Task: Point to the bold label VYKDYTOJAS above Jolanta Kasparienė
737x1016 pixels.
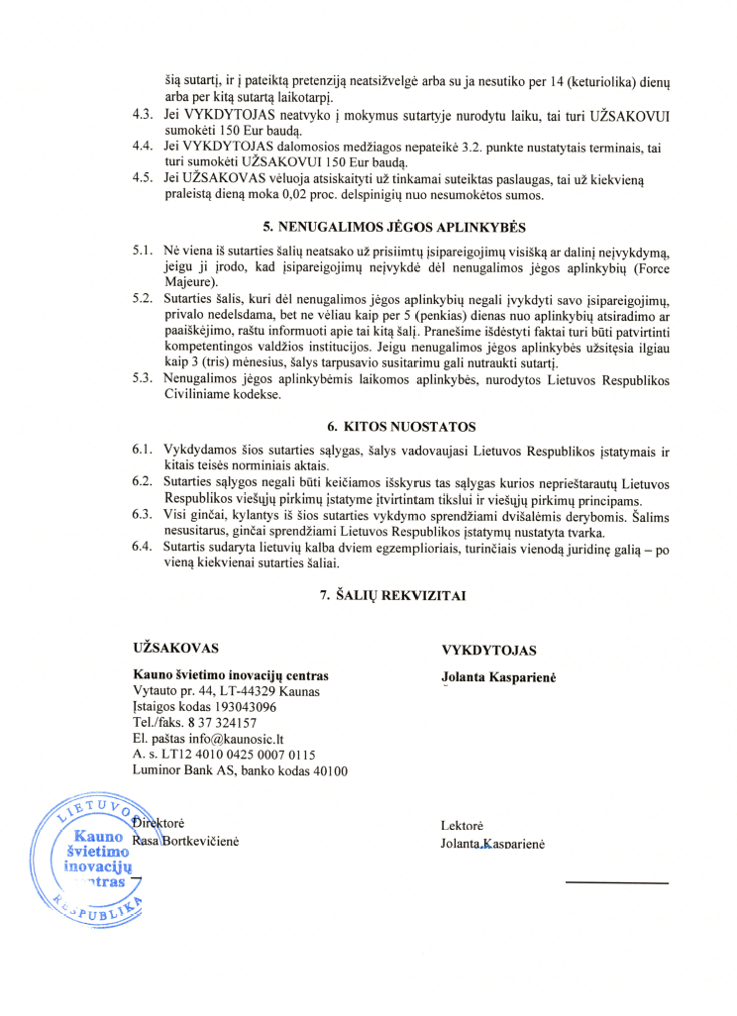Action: (488, 651)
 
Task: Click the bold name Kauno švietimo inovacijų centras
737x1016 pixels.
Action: (231, 675)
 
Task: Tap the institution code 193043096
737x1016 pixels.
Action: (242, 707)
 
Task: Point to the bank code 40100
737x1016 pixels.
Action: (325, 770)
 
